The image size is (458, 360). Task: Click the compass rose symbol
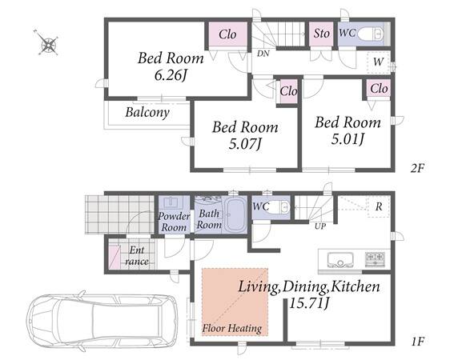tap(48, 45)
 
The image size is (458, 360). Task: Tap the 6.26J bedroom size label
tap(171, 75)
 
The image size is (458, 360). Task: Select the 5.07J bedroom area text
tap(245, 143)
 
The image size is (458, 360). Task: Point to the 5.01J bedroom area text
tap(348, 139)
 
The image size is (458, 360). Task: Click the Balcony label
tap(147, 113)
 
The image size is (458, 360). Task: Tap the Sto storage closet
tap(321, 34)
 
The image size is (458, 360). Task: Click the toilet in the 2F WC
tap(370, 34)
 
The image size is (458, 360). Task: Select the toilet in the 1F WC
tap(279, 207)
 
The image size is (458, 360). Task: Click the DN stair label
tap(263, 54)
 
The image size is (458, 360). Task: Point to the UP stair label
tap(320, 226)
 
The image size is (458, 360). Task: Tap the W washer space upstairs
tap(378, 62)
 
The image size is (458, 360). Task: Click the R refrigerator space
tap(379, 206)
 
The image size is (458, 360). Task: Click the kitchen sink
tap(340, 260)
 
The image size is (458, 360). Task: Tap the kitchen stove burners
tap(375, 258)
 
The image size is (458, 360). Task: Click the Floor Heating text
tap(232, 329)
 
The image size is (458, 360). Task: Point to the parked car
tap(102, 320)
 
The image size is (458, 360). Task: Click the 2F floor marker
tap(417, 168)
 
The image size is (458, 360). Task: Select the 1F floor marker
tap(418, 341)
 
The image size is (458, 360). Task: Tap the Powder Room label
tap(174, 222)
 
